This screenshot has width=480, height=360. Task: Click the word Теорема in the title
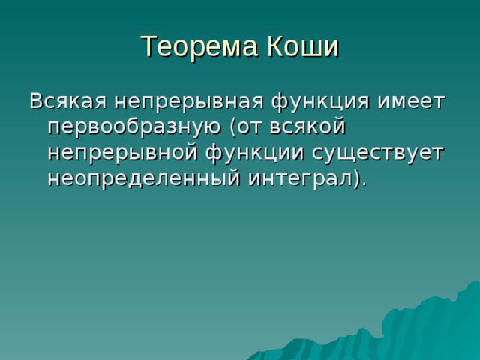194,46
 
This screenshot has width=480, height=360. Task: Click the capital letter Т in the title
148,46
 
